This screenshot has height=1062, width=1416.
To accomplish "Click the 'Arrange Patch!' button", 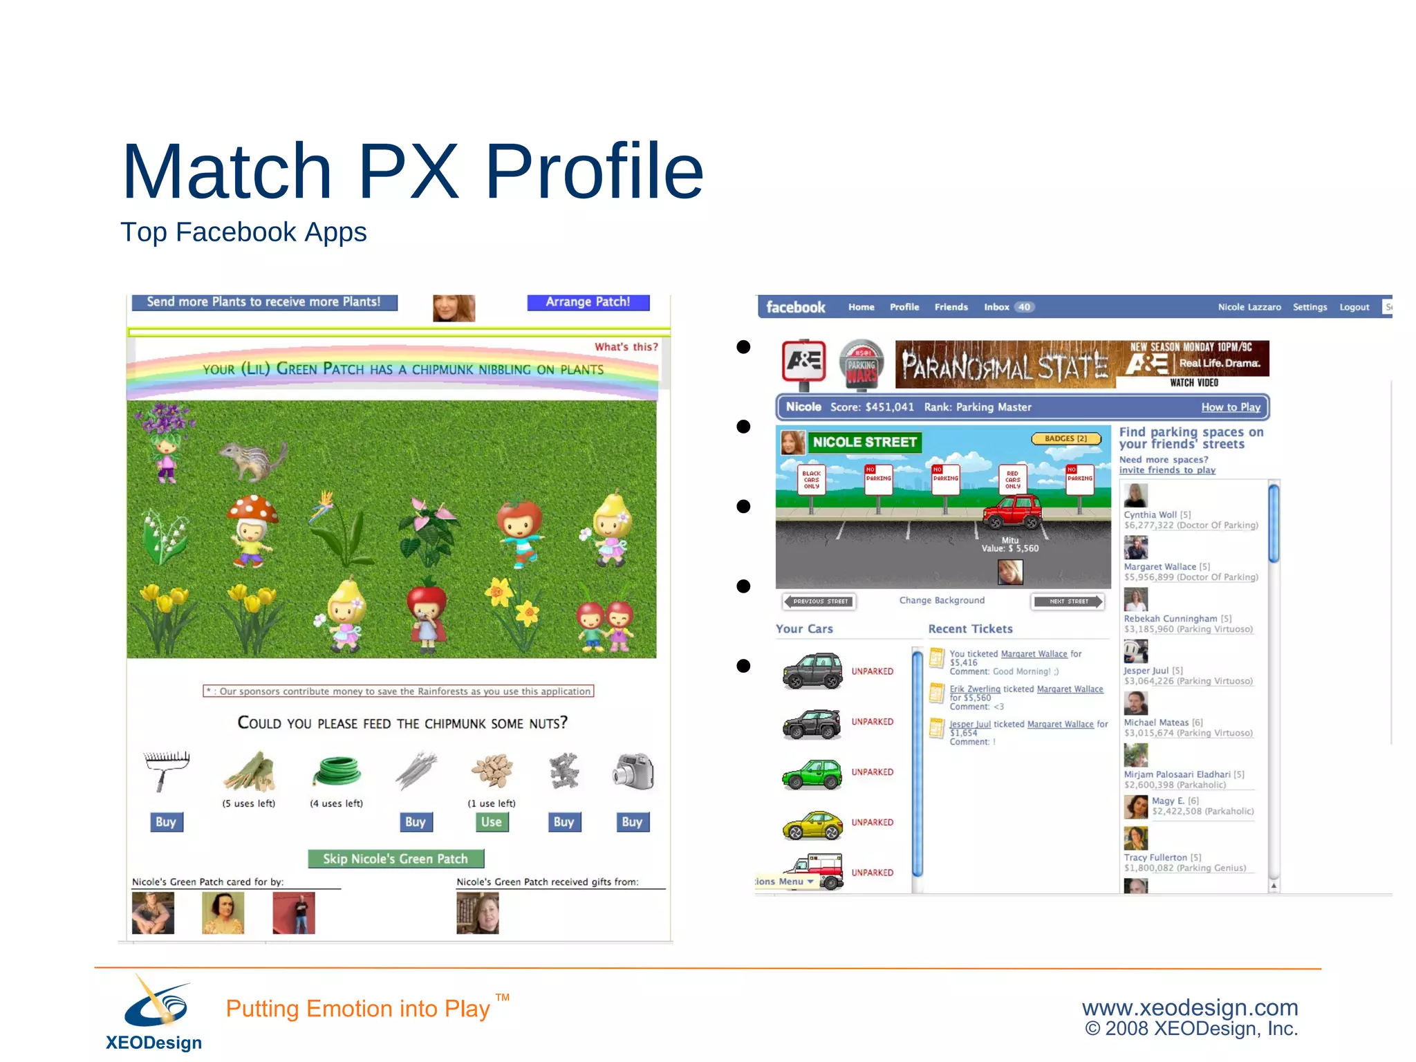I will point(588,302).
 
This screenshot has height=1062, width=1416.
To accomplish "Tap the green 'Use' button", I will point(492,822).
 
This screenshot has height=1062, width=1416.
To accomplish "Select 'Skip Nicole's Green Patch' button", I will point(395,859).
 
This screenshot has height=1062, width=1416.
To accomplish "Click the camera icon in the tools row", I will point(633,771).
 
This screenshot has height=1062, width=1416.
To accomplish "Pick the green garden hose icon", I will point(337,771).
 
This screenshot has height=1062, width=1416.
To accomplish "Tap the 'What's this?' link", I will point(626,347).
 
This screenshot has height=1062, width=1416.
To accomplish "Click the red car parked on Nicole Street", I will point(1013,512).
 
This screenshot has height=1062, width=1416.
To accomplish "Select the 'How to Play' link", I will point(1231,407).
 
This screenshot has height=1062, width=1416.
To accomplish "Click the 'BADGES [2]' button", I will point(1065,439).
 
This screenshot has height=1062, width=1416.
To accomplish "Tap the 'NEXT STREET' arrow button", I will point(1068,602).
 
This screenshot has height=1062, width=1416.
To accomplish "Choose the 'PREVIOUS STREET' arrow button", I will point(819,602).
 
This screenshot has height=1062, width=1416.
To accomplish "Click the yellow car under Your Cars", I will point(812,824).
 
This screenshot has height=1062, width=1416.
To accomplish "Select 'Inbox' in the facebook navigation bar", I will point(996,307).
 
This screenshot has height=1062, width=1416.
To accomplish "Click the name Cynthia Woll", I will point(1150,515).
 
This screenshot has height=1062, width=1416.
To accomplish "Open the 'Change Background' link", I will point(942,600).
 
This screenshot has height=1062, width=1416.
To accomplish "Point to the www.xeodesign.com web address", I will point(1190,1007).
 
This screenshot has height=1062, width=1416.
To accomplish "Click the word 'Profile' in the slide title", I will point(594,171).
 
